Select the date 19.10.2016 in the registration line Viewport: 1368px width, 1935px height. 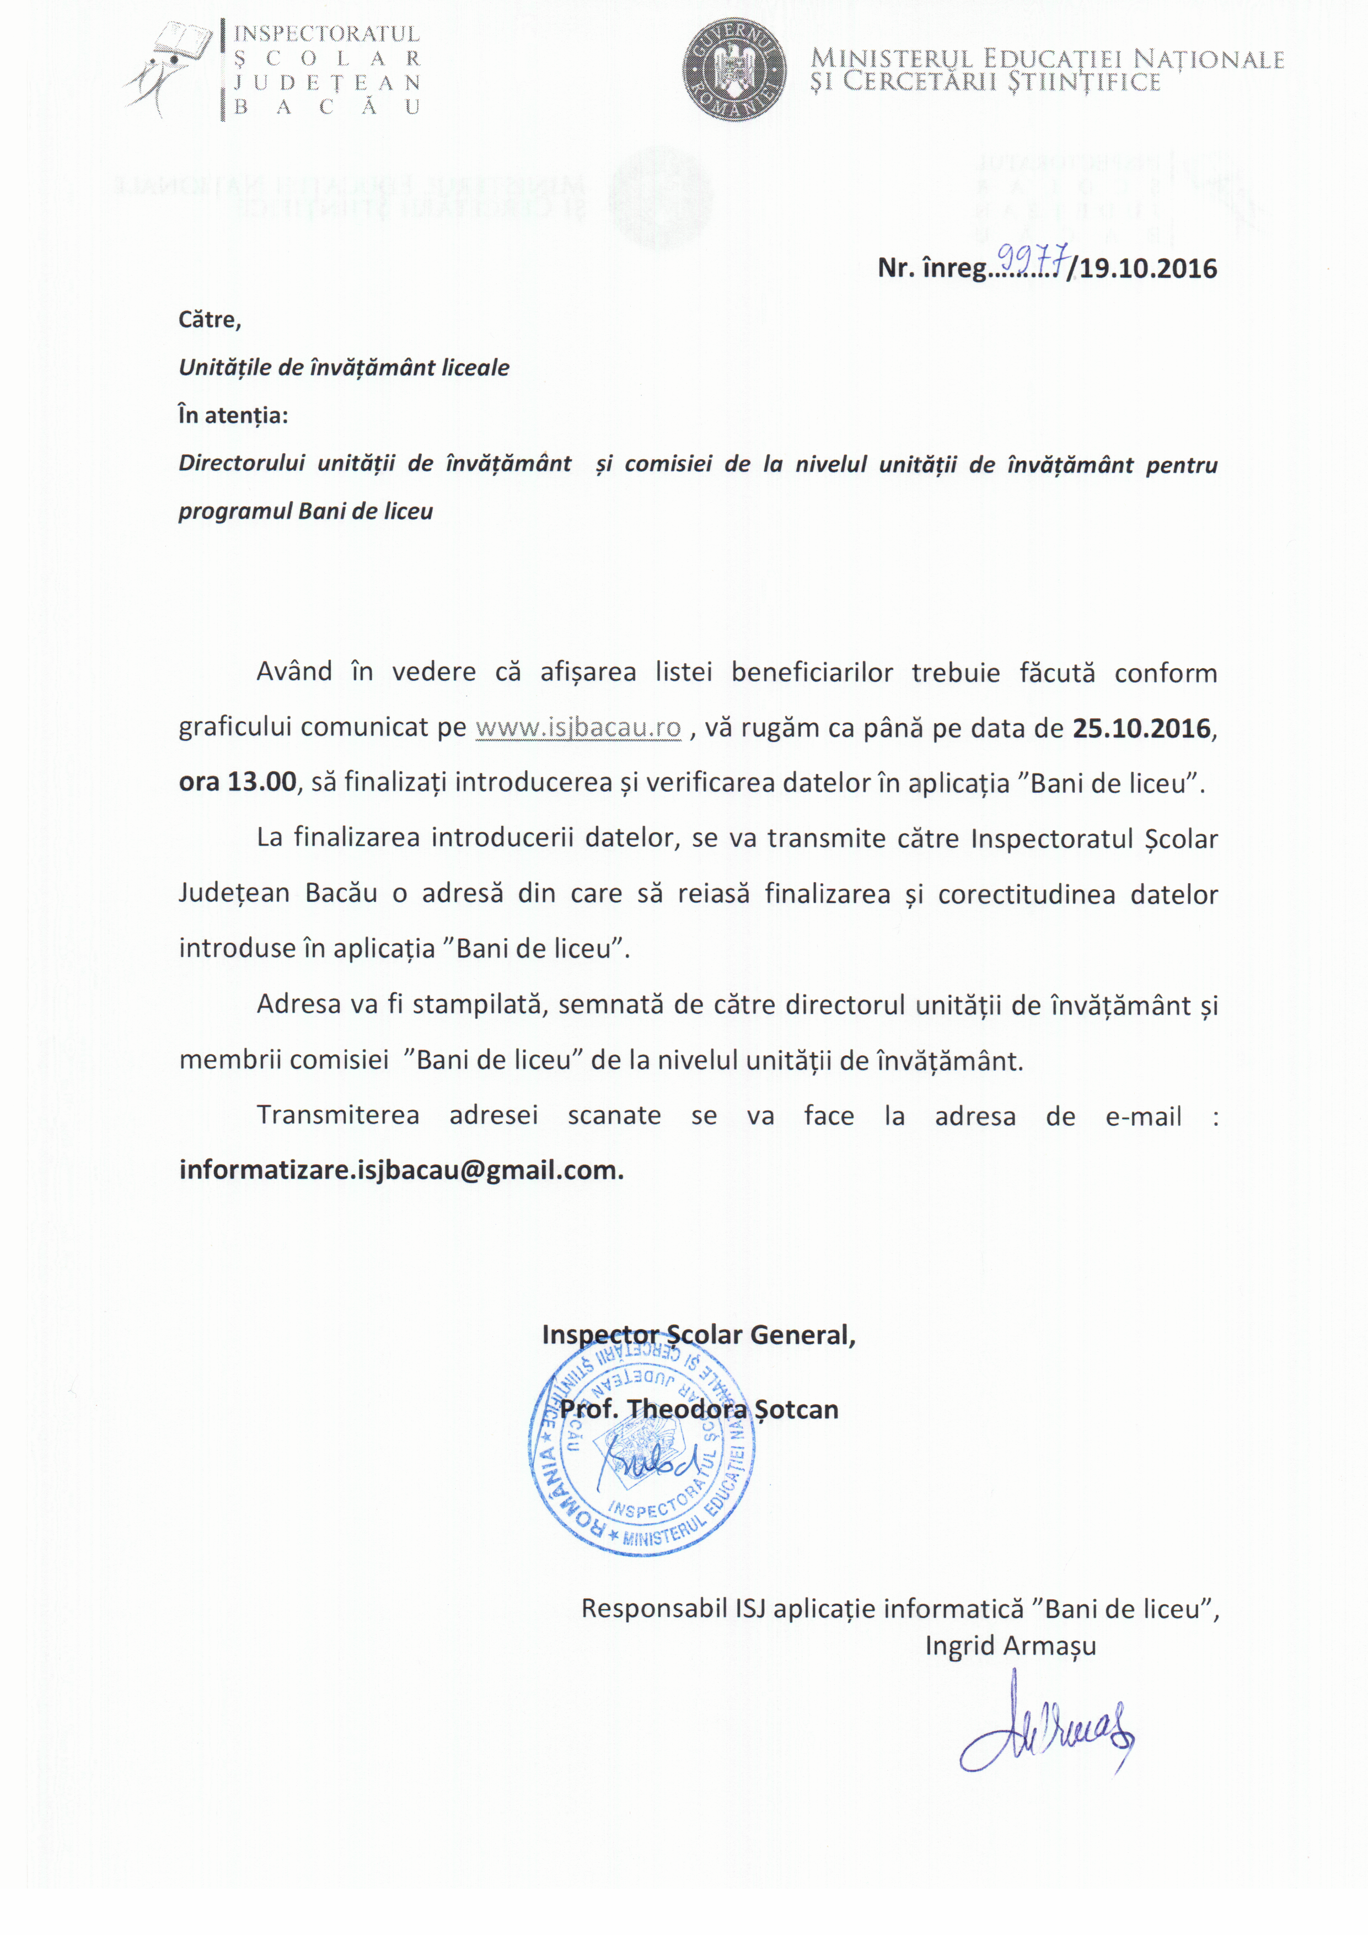[1147, 269]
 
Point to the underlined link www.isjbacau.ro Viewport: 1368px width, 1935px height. [578, 727]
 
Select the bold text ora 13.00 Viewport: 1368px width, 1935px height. [238, 782]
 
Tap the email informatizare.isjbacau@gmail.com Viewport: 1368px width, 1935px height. [401, 1170]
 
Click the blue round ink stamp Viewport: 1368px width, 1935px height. [642, 1448]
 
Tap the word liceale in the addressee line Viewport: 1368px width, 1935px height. [476, 368]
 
